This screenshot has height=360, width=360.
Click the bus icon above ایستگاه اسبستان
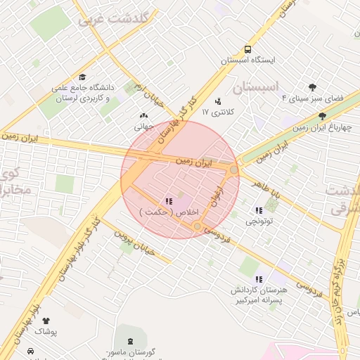coord(247,49)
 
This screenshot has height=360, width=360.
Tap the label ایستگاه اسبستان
coord(247,61)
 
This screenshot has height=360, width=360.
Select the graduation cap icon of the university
coord(82,78)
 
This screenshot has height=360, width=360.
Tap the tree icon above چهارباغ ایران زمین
coord(323,116)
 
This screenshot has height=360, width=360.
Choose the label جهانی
coord(144,127)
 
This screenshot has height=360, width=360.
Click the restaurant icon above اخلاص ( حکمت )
coord(168,201)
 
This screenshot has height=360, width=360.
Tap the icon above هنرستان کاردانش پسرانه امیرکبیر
coord(258,279)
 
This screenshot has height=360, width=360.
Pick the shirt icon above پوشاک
coord(56,320)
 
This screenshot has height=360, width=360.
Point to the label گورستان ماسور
coord(130,352)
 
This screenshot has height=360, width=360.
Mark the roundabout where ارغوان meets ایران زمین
coord(233,169)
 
